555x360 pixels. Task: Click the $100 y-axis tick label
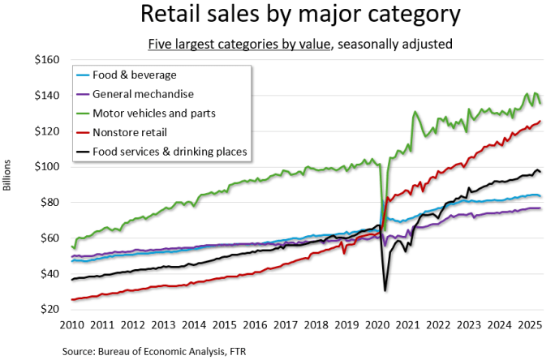[47, 166]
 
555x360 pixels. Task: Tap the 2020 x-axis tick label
[378, 325]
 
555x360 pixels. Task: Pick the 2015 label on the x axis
[226, 325]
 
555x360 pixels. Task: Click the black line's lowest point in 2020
[385, 290]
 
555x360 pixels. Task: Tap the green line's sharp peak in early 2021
[415, 112]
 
